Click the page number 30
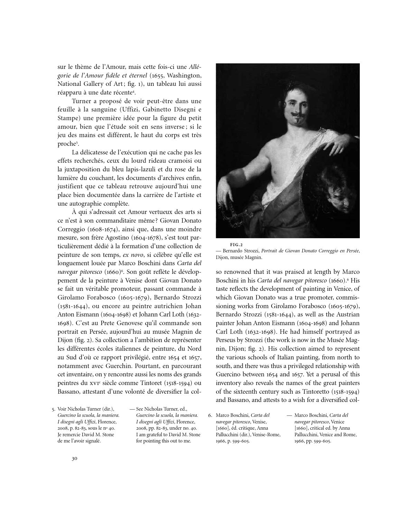tap(74, 459)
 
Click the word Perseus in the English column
tap(229, 340)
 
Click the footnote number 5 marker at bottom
tap(54, 409)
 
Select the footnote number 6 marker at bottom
tap(210, 415)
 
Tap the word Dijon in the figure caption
tap(222, 257)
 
